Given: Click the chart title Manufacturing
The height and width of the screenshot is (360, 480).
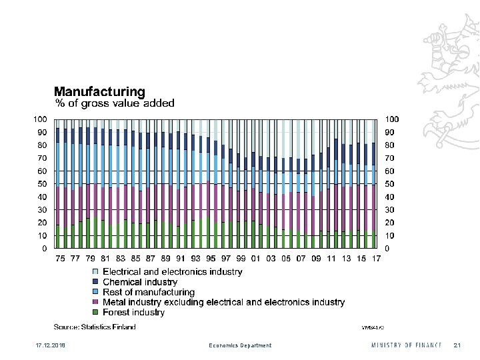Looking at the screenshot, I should [99, 91].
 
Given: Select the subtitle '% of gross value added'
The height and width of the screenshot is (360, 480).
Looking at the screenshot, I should [114, 103].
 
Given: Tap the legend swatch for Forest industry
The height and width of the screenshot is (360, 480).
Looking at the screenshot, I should [95, 313].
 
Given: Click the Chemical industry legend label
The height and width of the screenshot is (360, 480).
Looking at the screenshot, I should [140, 282].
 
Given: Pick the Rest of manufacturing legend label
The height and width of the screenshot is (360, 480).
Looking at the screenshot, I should [149, 292].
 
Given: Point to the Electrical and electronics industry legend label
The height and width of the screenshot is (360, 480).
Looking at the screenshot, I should [173, 272].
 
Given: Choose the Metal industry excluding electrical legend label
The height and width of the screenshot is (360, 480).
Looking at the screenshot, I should [223, 302].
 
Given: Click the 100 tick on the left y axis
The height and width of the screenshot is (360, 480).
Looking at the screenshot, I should [40, 119].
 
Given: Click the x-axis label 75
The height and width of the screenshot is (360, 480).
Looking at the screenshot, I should [60, 258].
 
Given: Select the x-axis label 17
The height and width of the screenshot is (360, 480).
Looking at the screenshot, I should [377, 258].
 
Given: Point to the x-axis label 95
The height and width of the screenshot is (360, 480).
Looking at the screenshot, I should [211, 258].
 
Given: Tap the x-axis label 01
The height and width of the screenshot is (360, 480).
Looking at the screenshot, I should [256, 258].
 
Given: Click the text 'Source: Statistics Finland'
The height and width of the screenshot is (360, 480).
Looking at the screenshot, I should [95, 327].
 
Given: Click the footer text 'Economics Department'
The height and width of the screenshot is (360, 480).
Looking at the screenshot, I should [240, 345].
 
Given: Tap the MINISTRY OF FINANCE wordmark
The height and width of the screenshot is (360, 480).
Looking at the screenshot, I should [407, 345].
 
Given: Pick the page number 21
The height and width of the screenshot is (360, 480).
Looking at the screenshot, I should [457, 345].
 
